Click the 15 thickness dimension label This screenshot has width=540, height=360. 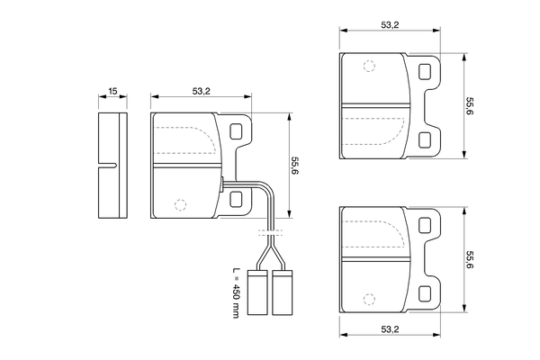(112, 91)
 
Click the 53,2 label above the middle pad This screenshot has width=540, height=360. (201, 91)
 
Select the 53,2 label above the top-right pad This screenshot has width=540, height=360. (390, 25)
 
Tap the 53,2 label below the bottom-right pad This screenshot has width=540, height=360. (390, 329)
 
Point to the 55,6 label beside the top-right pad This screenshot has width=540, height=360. (470, 106)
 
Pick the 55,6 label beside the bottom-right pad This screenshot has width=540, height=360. (470, 260)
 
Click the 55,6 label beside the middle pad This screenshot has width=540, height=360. (294, 166)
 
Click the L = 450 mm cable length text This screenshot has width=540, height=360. (236, 292)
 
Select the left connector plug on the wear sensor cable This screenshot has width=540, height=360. (257, 292)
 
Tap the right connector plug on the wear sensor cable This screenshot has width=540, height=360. (283, 292)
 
